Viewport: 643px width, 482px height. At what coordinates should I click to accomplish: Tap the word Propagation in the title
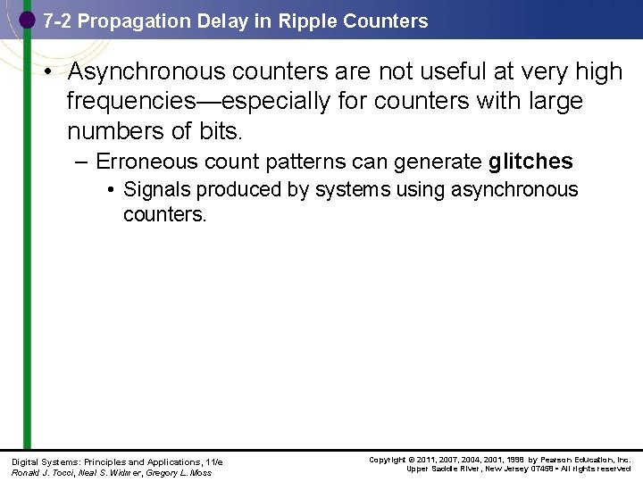click(135, 21)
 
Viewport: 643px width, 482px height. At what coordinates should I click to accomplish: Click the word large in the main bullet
click(552, 102)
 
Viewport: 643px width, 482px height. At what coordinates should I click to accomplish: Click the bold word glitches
click(530, 162)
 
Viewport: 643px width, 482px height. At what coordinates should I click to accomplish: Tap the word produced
click(232, 189)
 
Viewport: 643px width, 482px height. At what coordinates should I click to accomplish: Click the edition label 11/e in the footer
click(213, 461)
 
